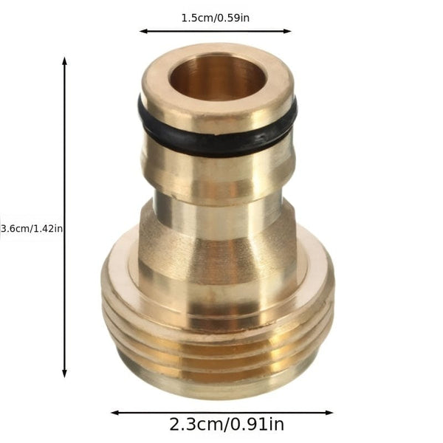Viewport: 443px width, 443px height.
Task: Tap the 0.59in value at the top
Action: click(x=232, y=17)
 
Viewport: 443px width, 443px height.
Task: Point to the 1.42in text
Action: click(x=47, y=229)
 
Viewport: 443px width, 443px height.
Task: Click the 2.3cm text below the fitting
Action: click(x=194, y=425)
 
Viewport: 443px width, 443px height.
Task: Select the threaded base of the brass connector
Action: click(x=217, y=347)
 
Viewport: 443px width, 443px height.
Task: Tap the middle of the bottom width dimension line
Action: click(x=221, y=413)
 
